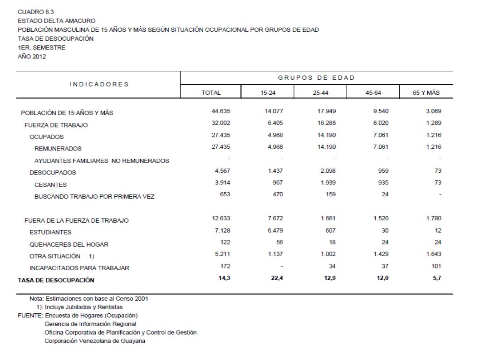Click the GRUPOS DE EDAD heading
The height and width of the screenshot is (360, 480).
pos(317,78)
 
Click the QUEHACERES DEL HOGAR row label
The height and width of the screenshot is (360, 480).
pos(69,244)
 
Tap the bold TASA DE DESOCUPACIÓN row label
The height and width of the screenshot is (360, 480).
pos(57,280)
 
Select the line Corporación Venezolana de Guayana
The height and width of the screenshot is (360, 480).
pos(95,341)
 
